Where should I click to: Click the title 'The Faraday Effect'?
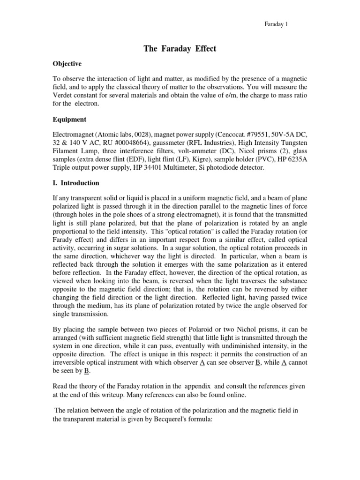(x=180, y=49)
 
